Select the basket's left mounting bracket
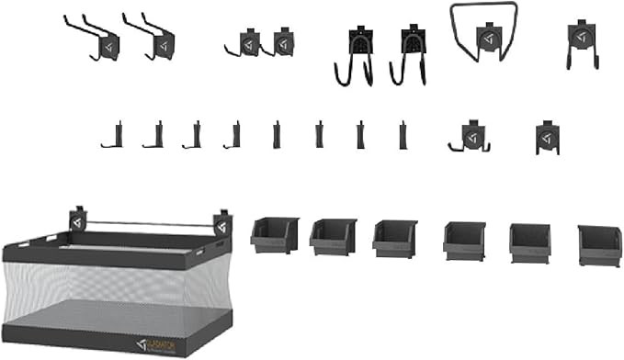tap(76, 222)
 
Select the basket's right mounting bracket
tap(221, 223)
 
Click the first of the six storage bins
tap(275, 235)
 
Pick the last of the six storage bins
tap(599, 245)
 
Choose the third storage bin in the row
tap(395, 238)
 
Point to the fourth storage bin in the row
tap(464, 242)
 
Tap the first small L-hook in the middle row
tap(113, 136)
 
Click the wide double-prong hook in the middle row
tap(471, 136)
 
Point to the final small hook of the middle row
tap(547, 138)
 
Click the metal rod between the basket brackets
tap(147, 223)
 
